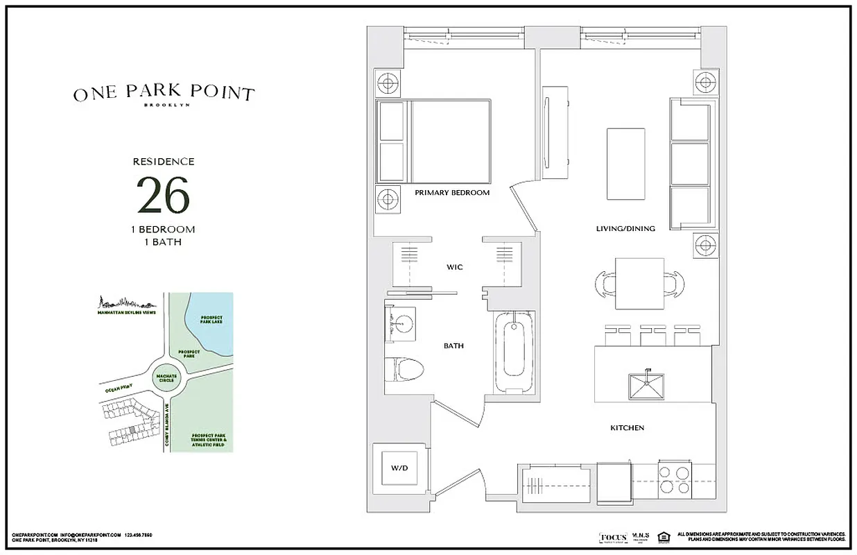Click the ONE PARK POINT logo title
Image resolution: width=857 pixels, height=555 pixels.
(164, 94)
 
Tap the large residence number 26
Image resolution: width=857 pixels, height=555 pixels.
(163, 196)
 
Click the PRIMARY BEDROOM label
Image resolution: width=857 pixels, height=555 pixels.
(452, 193)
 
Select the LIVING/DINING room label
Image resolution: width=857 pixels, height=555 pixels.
(625, 228)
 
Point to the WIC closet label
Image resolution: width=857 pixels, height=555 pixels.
(454, 267)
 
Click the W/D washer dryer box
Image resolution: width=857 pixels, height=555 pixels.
(399, 468)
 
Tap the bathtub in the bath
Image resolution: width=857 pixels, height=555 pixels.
(514, 352)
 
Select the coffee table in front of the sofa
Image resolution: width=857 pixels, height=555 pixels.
(626, 163)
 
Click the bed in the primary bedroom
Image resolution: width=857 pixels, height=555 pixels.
(434, 142)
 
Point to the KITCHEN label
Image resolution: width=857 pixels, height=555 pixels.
(627, 428)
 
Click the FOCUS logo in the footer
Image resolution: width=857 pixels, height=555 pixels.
(613, 538)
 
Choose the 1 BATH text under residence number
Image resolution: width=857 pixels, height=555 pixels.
(164, 242)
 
